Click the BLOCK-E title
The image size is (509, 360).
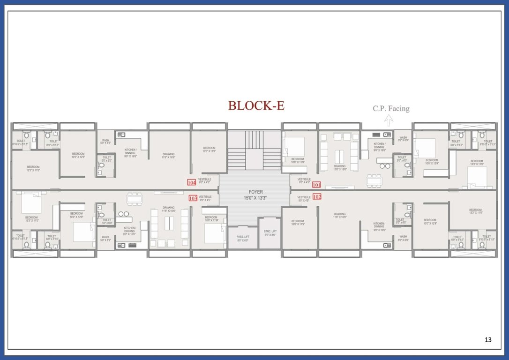[256, 105]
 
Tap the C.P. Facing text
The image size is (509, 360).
[391, 109]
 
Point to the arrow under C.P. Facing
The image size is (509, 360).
[388, 121]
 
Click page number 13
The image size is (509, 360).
[488, 340]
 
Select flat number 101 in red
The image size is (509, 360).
[316, 185]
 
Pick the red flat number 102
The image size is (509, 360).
[317, 197]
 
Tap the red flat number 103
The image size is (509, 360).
[193, 198]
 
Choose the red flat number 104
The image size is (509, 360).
[191, 182]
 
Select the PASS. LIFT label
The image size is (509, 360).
[243, 238]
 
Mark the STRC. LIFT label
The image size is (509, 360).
[270, 233]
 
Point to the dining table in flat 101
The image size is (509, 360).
[374, 180]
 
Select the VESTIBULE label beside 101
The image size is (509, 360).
[304, 181]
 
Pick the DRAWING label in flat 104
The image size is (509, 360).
[168, 156]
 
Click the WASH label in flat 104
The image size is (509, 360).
[105, 142]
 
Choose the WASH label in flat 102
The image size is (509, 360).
[403, 238]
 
